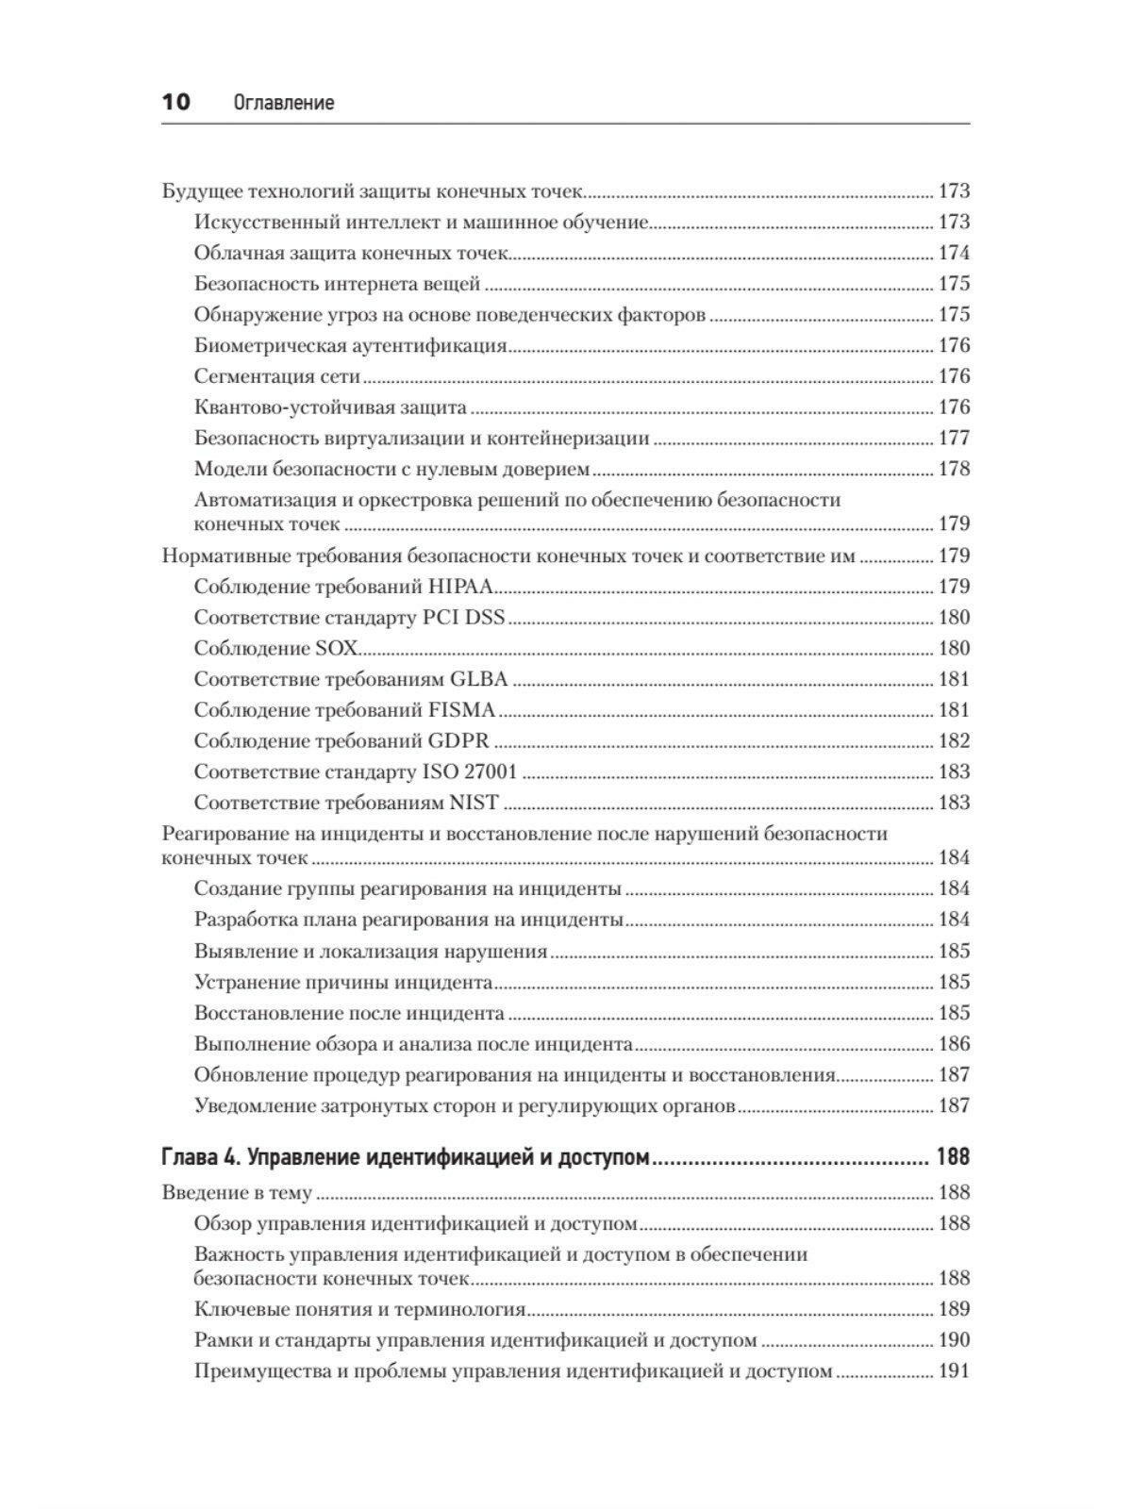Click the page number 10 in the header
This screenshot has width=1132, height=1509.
(x=175, y=102)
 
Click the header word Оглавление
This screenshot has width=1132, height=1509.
(x=283, y=103)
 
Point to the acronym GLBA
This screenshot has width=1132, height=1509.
(x=478, y=679)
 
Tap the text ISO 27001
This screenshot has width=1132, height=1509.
(x=469, y=772)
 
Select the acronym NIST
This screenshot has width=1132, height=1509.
(x=474, y=804)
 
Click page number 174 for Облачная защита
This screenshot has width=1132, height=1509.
(x=953, y=254)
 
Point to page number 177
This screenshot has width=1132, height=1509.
(x=953, y=439)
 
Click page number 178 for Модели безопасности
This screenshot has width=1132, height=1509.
(x=953, y=470)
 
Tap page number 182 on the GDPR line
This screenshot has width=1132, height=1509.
(x=953, y=741)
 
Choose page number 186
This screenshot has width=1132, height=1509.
(x=953, y=1044)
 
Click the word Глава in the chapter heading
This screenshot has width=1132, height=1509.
(x=188, y=1157)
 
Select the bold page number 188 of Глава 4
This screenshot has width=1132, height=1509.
(x=952, y=1157)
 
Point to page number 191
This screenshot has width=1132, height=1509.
(x=953, y=1372)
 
